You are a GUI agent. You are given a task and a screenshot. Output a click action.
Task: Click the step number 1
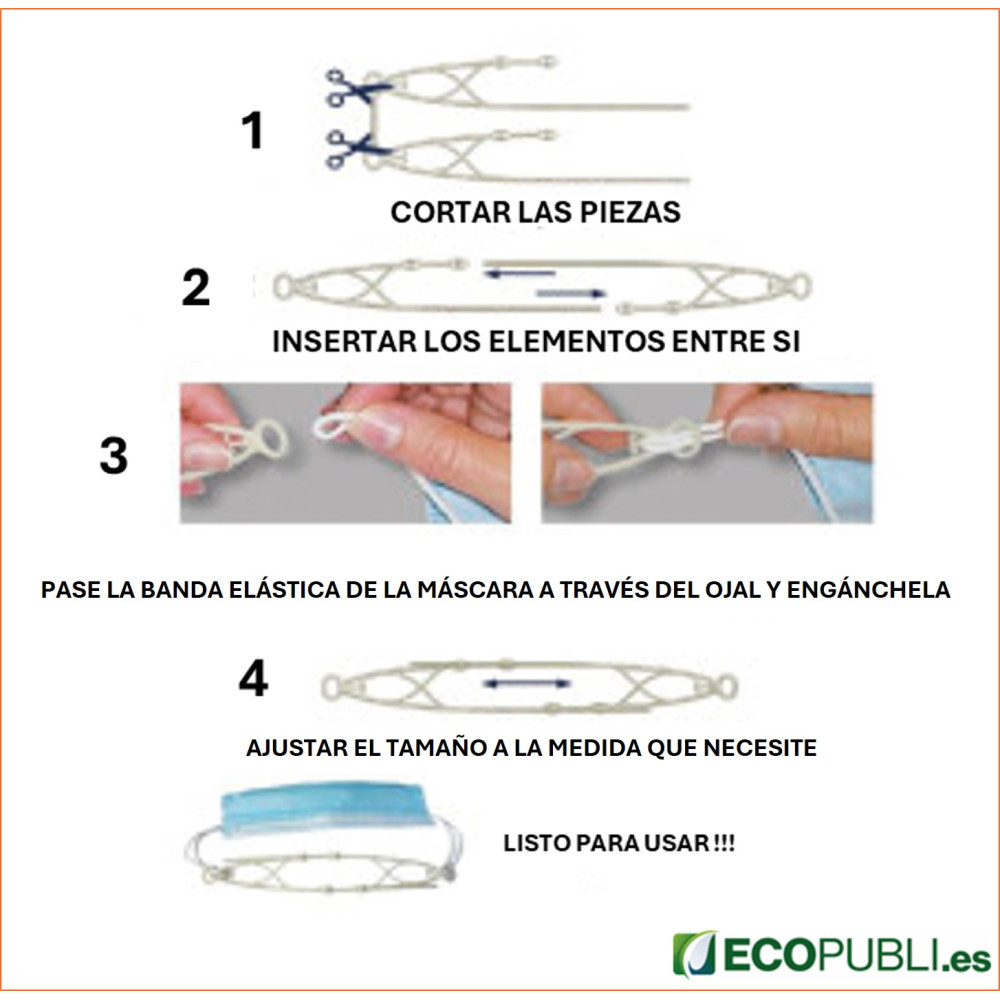(x=253, y=130)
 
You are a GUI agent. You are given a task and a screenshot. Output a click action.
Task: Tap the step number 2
(x=196, y=288)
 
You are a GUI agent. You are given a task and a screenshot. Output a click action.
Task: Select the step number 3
(x=114, y=455)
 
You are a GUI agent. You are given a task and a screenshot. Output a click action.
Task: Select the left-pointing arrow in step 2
(x=519, y=274)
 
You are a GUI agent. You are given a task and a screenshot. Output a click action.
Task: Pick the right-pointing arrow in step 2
(x=571, y=293)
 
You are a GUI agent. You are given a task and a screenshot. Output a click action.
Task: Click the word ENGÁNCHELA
(x=868, y=589)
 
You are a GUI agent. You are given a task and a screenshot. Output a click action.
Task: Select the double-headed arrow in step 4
(x=527, y=684)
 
